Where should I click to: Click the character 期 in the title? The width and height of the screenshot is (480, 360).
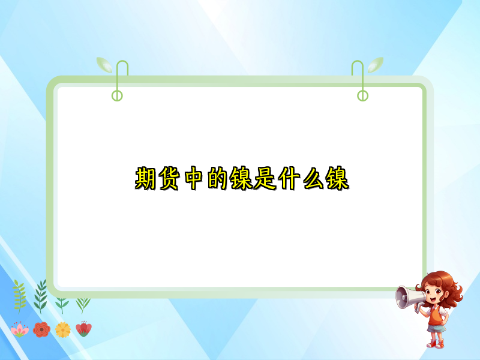click(147, 179)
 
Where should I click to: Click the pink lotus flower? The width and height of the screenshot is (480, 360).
click(20, 329)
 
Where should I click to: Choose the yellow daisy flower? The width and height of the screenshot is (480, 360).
click(63, 329)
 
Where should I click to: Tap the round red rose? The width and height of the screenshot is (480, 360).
click(41, 329)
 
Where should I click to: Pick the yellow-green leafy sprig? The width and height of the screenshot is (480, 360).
click(19, 295)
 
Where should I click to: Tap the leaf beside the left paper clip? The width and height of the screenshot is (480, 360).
click(104, 64)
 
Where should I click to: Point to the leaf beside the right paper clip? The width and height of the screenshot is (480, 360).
click(376, 64)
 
